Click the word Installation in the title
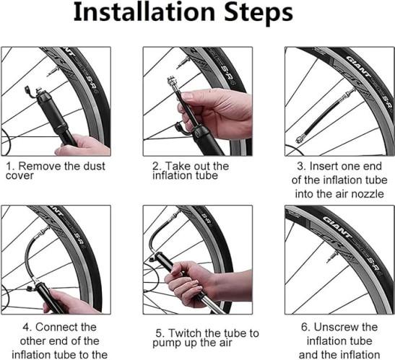point(144,12)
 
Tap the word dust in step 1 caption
point(94,167)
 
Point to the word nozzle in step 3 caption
point(368,194)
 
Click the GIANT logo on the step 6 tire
point(337,227)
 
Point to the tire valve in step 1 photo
point(52,71)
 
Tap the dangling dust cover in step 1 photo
point(28,92)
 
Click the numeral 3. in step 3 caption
point(301,167)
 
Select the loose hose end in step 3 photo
point(300,139)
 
